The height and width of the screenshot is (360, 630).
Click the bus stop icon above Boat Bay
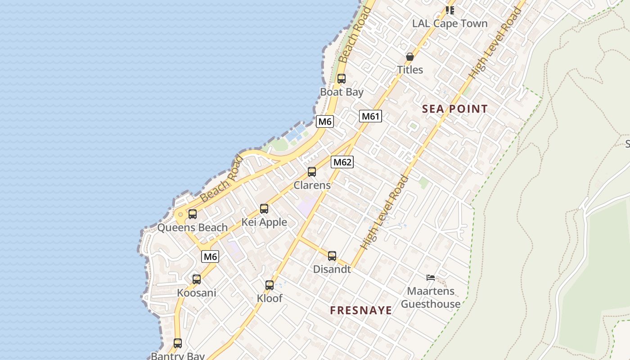[x=342, y=79]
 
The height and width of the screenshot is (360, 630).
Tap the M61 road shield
[x=371, y=117]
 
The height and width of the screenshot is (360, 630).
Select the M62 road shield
[x=342, y=162]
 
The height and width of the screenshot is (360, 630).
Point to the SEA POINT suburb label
[x=455, y=109]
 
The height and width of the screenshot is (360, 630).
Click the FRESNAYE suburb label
[x=361, y=310]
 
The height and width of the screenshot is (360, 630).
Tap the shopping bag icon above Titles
[x=410, y=57]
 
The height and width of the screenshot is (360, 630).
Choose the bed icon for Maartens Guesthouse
[x=431, y=278]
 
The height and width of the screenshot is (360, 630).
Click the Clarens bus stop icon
[x=312, y=172]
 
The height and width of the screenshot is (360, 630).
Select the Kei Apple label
[x=264, y=222]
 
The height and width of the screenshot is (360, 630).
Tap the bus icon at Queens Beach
[x=193, y=214]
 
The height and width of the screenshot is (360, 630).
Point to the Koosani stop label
[x=197, y=293]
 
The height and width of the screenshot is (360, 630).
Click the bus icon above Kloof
[x=270, y=285]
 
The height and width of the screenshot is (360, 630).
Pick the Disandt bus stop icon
[x=332, y=256]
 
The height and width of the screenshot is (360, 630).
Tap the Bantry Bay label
[x=178, y=356]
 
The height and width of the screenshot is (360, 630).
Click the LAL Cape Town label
[x=450, y=24]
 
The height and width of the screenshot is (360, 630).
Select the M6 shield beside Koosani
[x=210, y=257]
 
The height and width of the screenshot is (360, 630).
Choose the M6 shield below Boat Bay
[x=325, y=121]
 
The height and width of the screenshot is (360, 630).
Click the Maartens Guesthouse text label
[x=431, y=297]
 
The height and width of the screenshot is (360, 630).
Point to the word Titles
[x=410, y=70]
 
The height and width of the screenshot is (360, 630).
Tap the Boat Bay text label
[x=342, y=92]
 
